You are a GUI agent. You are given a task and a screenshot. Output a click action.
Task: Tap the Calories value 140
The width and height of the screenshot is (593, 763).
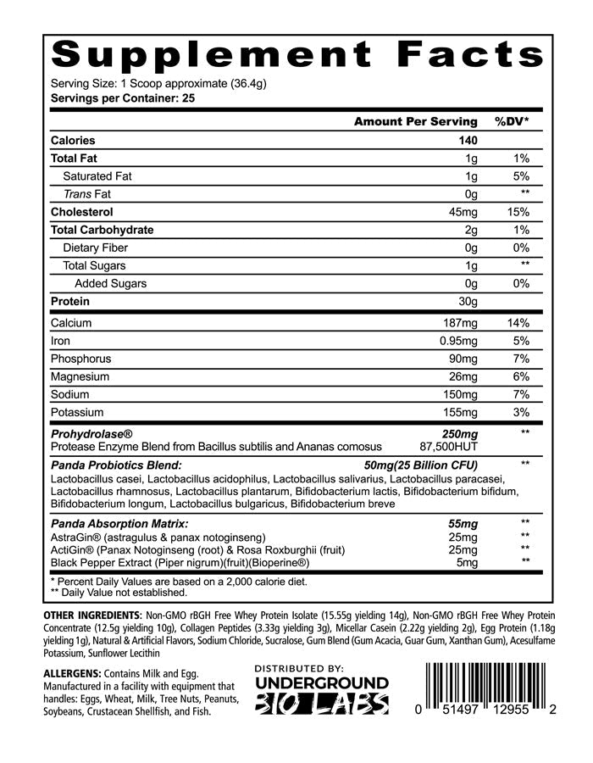[x=468, y=141]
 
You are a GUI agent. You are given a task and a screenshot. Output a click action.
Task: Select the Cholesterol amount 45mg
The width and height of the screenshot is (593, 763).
[x=464, y=212]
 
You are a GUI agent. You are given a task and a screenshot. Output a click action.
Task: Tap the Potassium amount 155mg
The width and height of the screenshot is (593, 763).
[x=462, y=413]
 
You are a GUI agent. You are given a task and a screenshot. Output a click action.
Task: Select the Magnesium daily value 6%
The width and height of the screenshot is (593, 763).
[x=520, y=377]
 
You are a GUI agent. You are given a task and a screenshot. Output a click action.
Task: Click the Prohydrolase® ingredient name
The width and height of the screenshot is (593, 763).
[x=91, y=434]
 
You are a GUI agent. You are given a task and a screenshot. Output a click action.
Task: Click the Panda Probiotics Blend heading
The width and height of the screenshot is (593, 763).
[x=116, y=465]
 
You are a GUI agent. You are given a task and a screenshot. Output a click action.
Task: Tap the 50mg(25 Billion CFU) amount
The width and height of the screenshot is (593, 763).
[x=420, y=465]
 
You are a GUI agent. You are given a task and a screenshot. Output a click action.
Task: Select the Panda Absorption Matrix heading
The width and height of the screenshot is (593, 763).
[x=119, y=524]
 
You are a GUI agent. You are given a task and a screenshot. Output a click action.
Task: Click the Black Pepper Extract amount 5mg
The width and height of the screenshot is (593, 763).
[x=467, y=562]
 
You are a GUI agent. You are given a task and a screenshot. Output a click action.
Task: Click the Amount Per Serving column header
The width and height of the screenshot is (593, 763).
[x=415, y=122]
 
